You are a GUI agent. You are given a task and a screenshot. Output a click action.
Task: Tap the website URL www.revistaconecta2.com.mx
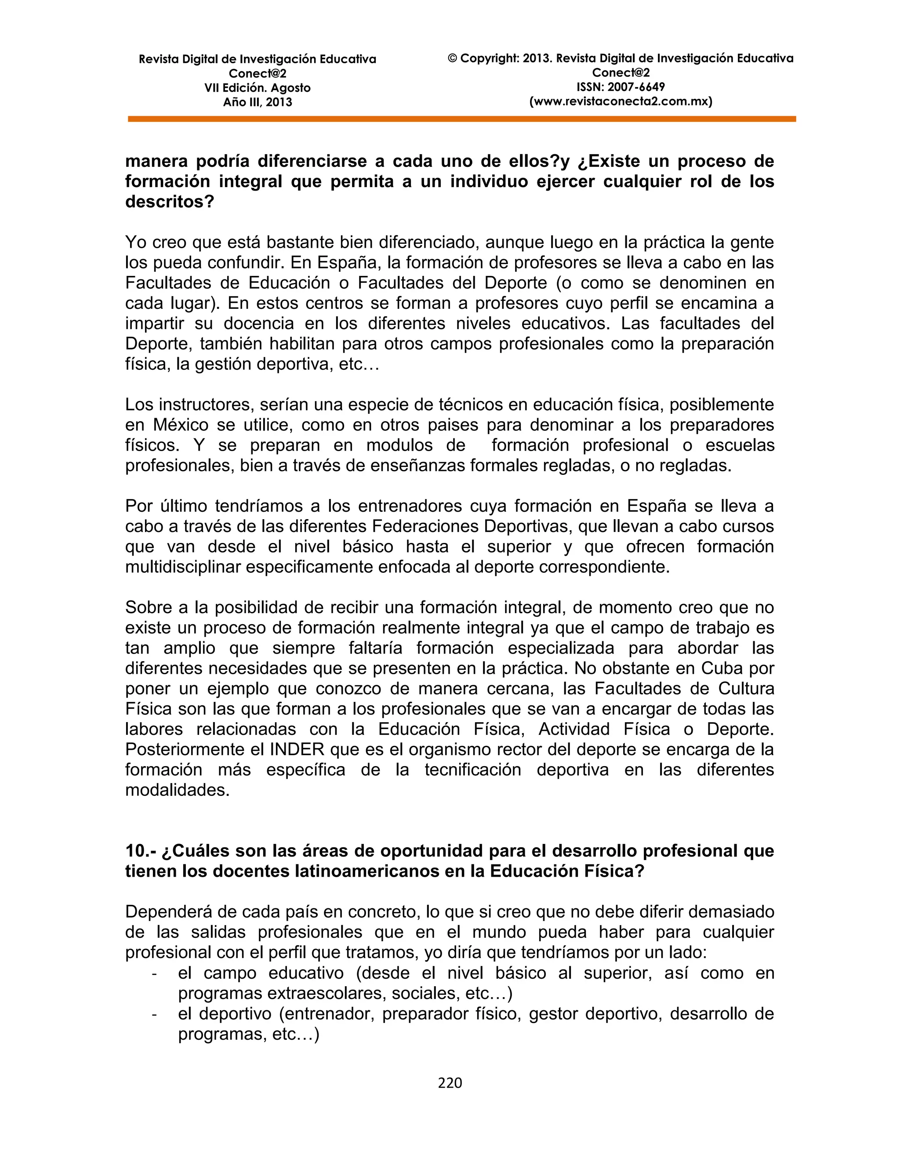pyautogui.click(x=621, y=101)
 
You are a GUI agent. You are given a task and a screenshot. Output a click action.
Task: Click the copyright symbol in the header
pyautogui.click(x=452, y=58)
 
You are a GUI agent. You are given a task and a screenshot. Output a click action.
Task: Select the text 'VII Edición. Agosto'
pyautogui.click(x=257, y=88)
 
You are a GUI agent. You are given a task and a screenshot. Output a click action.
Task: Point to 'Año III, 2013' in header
pyautogui.click(x=257, y=102)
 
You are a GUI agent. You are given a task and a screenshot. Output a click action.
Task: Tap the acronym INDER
pyautogui.click(x=297, y=749)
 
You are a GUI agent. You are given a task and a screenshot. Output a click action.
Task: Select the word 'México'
pyautogui.click(x=181, y=425)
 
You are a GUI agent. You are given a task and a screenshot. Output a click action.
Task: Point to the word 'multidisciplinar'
pyautogui.click(x=183, y=567)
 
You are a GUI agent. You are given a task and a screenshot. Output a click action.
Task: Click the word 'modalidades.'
pyautogui.click(x=177, y=790)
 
